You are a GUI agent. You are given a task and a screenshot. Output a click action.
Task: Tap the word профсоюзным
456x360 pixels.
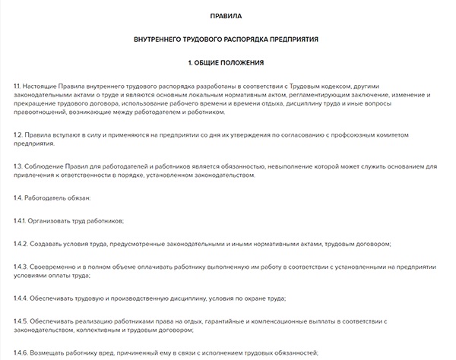354,134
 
